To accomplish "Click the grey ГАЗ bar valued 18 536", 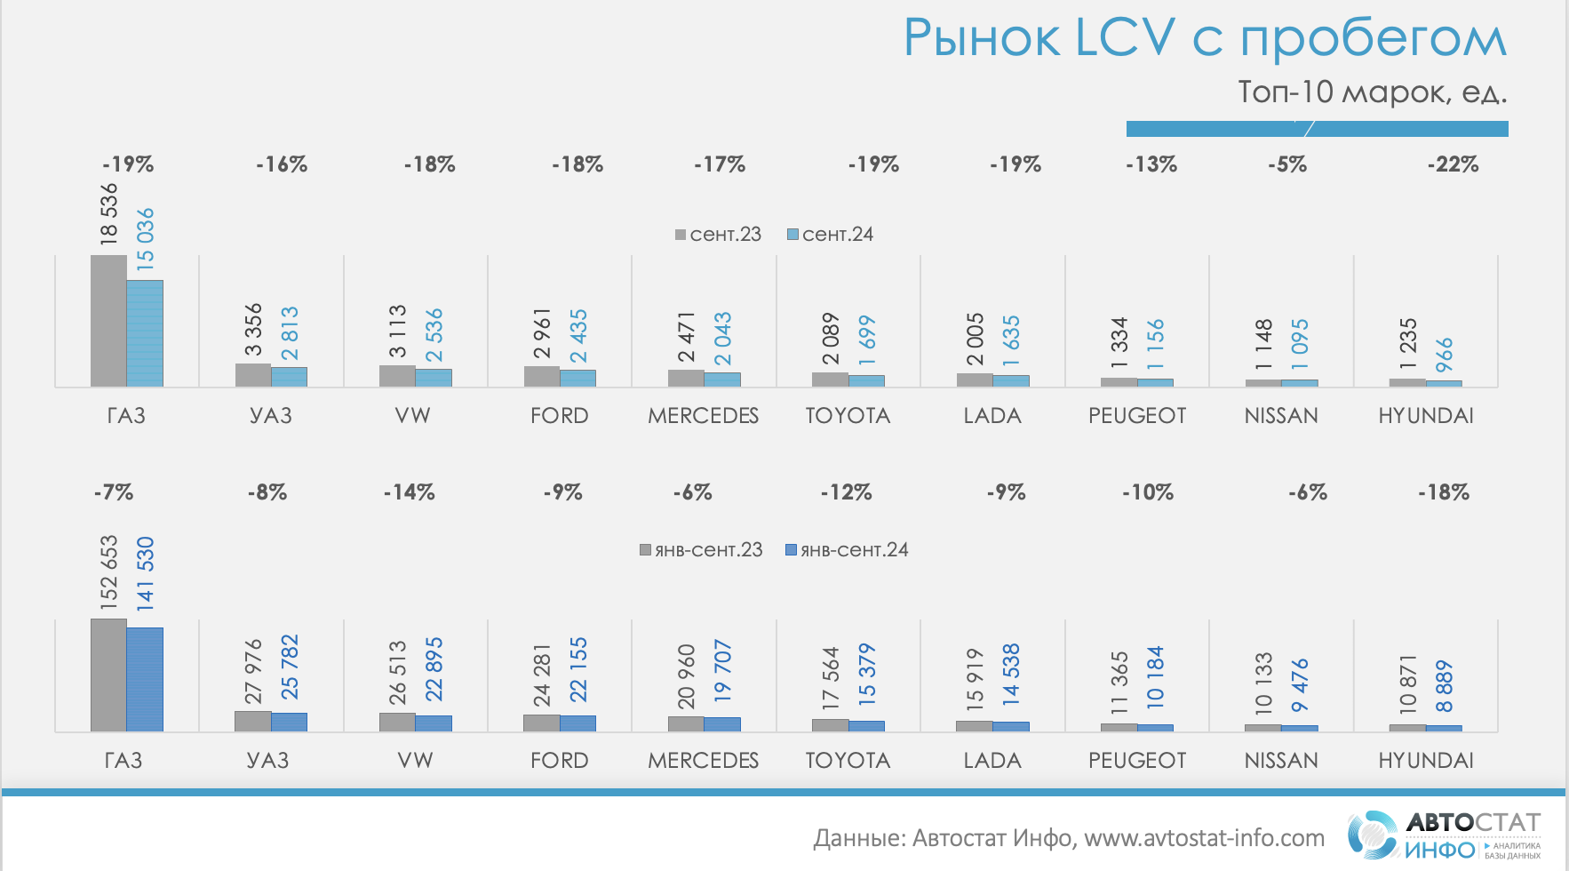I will click(x=108, y=321).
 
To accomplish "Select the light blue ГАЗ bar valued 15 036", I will click(x=145, y=333).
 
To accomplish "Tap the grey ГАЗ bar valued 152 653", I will click(x=108, y=675).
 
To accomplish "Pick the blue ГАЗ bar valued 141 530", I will click(x=145, y=680).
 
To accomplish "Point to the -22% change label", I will click(x=1453, y=164).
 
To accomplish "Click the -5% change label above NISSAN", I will click(x=1287, y=164).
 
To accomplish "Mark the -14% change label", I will click(x=410, y=492).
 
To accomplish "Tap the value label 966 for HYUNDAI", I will click(x=1445, y=355).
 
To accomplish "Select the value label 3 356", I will click(x=254, y=330).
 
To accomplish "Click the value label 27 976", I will click(x=254, y=670).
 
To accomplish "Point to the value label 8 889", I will click(x=1445, y=686).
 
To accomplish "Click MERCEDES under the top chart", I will click(x=703, y=416).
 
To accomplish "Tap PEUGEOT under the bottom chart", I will click(x=1137, y=761).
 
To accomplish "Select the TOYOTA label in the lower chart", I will click(x=848, y=761).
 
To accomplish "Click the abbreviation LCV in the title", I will click(x=1127, y=38).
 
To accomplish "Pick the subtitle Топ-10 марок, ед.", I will click(x=1372, y=92).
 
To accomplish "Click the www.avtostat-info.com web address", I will click(x=1204, y=838).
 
